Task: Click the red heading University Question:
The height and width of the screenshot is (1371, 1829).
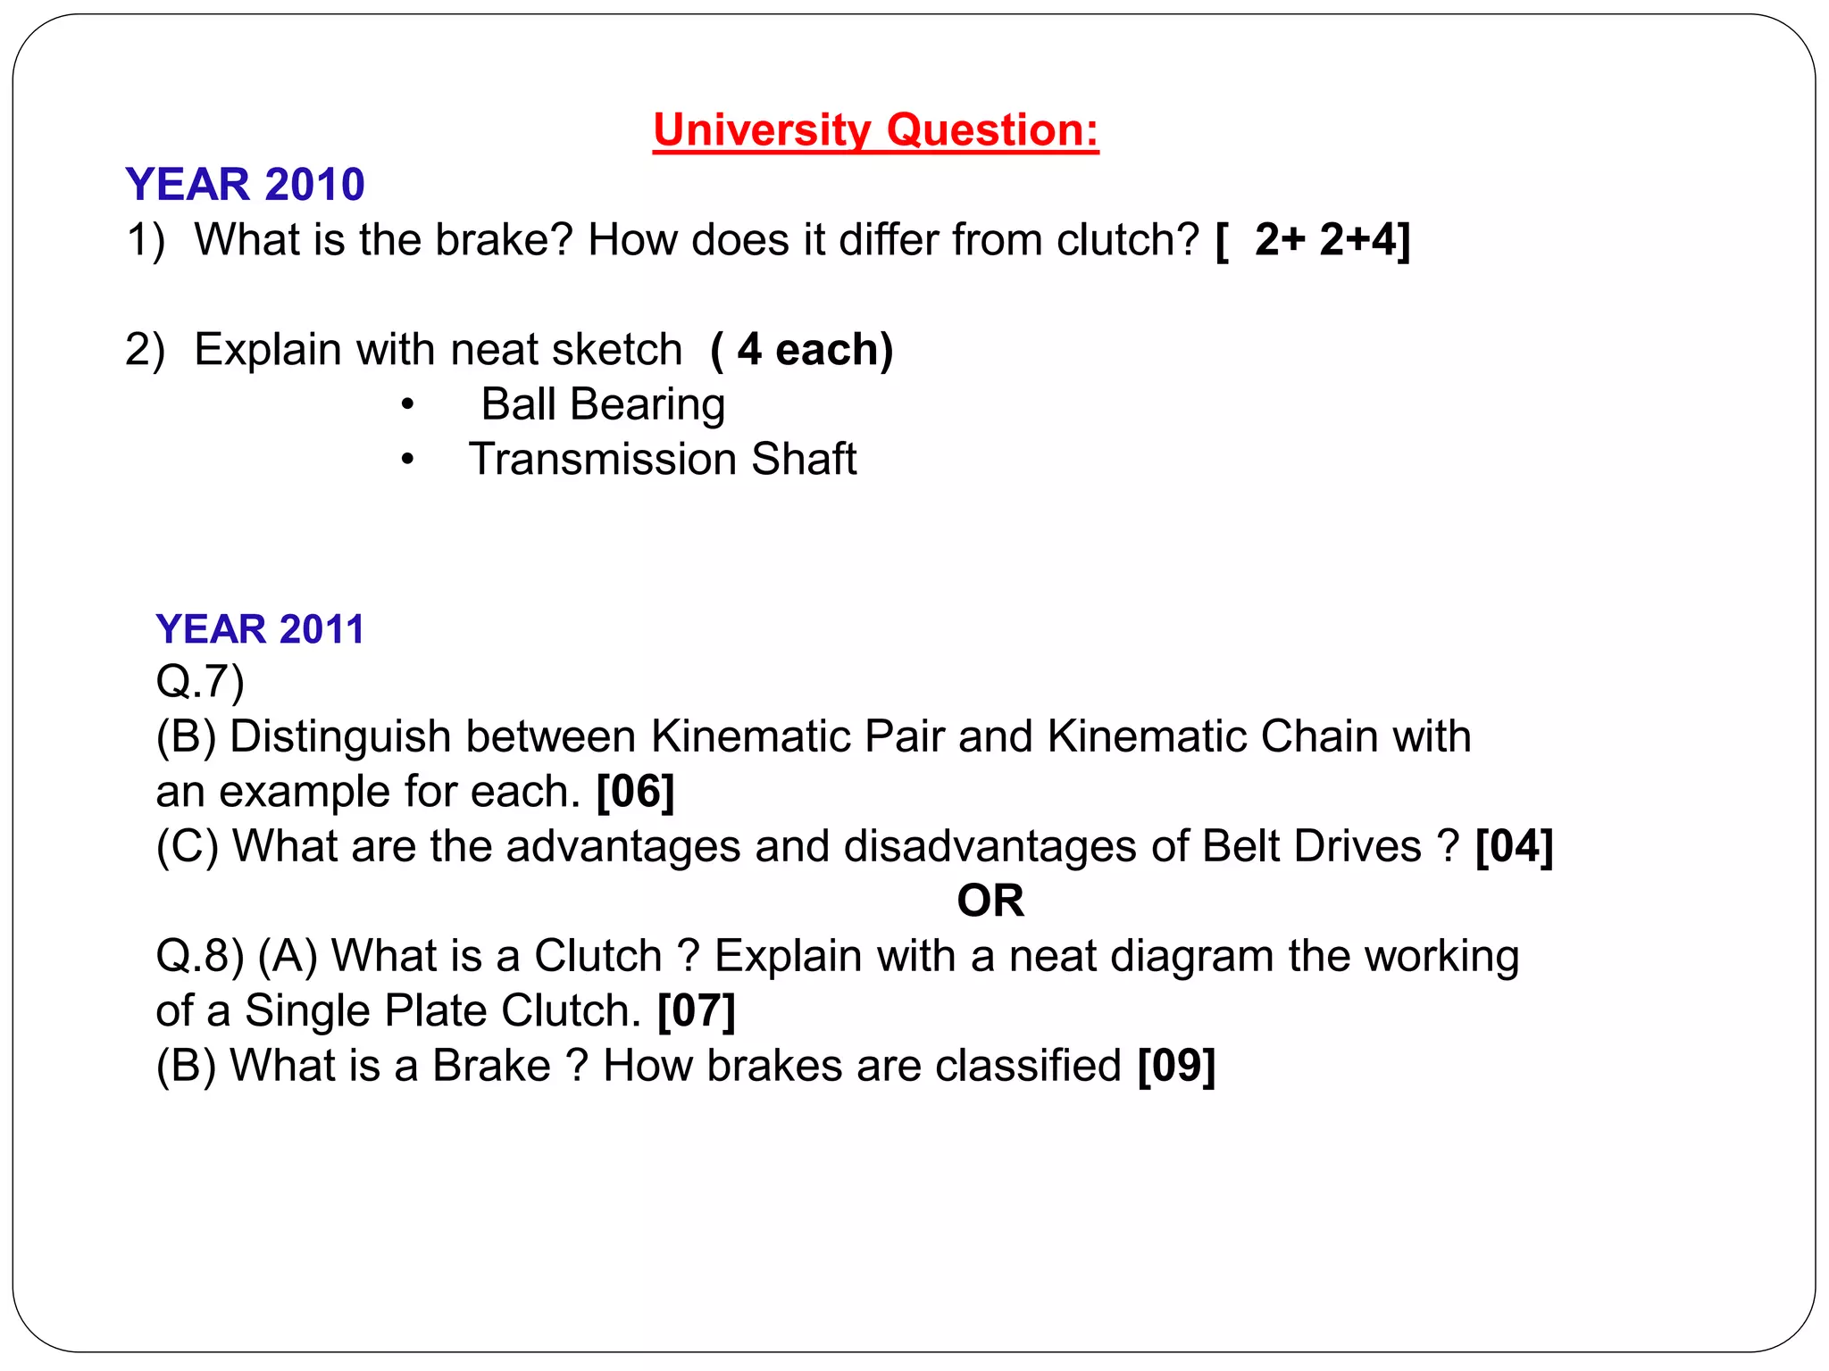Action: point(875,130)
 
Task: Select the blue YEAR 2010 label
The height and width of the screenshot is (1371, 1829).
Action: point(245,185)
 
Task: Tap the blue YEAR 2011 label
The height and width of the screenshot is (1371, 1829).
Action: point(260,629)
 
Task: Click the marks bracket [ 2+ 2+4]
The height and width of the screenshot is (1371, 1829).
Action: point(1313,240)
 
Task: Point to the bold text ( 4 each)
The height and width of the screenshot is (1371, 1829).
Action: point(802,349)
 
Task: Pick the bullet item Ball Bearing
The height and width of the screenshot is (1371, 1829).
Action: point(603,404)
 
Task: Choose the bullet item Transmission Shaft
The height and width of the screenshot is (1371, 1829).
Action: point(663,459)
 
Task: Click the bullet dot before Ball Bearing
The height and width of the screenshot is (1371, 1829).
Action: point(407,405)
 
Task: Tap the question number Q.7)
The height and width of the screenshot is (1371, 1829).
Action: point(200,681)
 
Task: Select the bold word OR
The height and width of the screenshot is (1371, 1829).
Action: point(990,901)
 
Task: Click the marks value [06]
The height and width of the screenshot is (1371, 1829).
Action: point(635,791)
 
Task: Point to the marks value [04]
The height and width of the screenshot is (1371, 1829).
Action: point(1515,846)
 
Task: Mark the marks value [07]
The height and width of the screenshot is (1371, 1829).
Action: point(697,1010)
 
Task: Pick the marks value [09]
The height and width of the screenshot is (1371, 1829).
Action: point(1176,1066)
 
